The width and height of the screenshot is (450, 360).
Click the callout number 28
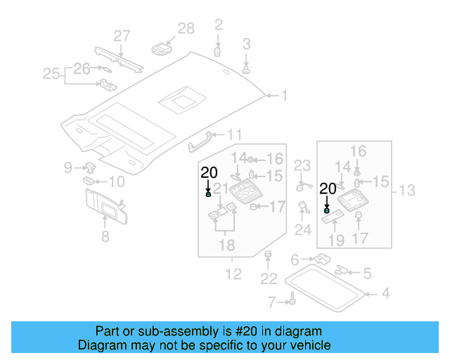pyautogui.click(x=186, y=28)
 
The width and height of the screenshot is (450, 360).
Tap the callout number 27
pyautogui.click(x=122, y=36)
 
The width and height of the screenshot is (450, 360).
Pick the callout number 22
pyautogui.click(x=269, y=279)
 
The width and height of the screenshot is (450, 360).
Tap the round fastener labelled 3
pyautogui.click(x=246, y=69)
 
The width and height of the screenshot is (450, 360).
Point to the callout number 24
pyautogui.click(x=303, y=230)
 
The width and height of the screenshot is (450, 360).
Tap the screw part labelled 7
pyautogui.click(x=289, y=302)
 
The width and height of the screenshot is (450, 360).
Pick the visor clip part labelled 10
pyautogui.click(x=89, y=180)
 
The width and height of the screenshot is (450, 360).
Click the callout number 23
pyautogui.click(x=302, y=166)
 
